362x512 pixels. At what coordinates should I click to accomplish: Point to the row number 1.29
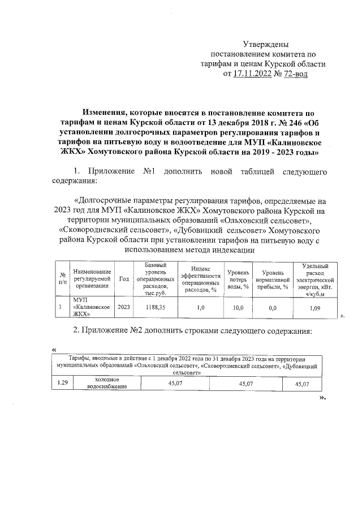click(62, 384)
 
